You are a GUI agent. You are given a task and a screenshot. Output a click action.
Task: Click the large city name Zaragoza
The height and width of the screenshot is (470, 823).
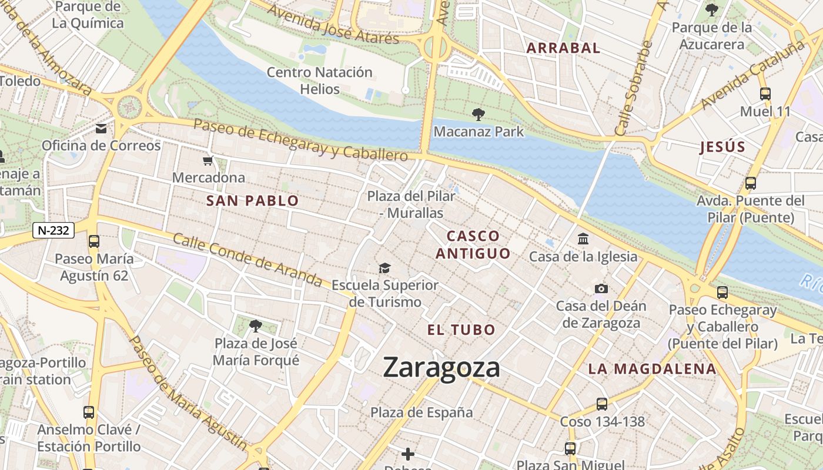[x=441, y=368]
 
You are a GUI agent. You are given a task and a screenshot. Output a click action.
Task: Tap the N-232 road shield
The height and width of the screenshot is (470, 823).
[x=53, y=230]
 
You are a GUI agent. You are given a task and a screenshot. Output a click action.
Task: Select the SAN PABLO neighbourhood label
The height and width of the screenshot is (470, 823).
[x=252, y=201]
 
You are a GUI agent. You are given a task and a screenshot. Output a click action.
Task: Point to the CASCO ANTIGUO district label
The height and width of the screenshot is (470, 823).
[x=473, y=244]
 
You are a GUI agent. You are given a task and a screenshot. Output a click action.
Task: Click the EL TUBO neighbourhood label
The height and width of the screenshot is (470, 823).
[x=461, y=330]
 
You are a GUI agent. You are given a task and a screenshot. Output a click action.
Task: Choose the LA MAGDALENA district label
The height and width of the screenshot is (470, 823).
[x=653, y=369]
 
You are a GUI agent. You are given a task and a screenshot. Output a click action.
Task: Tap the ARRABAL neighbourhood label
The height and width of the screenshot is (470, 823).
[x=563, y=48]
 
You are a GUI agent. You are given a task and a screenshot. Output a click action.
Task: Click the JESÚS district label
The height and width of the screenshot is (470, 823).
[x=722, y=147]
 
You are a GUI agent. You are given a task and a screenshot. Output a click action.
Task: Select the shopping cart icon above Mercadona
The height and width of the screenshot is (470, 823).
[x=208, y=161]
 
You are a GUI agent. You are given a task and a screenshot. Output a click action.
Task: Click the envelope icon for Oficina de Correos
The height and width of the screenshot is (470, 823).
[x=101, y=129]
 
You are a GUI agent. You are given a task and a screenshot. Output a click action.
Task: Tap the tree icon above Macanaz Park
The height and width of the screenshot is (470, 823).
[x=479, y=115]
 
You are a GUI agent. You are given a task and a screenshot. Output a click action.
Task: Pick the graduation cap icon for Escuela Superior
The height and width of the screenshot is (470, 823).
[x=384, y=268]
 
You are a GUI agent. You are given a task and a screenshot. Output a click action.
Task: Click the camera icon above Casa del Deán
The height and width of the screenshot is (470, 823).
[x=601, y=288]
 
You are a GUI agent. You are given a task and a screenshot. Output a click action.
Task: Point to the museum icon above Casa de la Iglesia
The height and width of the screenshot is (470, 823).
[x=583, y=239]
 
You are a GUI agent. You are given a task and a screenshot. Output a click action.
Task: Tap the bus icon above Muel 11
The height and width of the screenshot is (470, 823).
[x=765, y=93]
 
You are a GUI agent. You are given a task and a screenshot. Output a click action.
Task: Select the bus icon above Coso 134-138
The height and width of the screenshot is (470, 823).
[x=601, y=404]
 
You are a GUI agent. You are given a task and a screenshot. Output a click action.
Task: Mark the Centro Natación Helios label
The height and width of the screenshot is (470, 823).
[x=320, y=80]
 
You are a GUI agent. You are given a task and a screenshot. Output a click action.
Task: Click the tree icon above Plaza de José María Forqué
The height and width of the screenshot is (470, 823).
[x=255, y=325]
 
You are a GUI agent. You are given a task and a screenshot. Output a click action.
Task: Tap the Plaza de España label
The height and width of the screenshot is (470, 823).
[x=421, y=412]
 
